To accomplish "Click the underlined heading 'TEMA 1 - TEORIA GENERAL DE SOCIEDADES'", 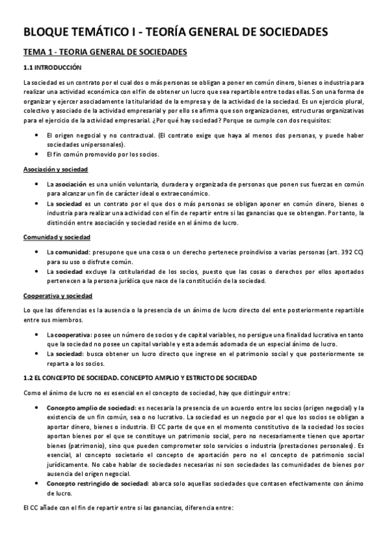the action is pyautogui.click(x=105, y=52).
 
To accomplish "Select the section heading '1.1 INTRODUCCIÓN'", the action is pyautogui.click(x=53, y=67).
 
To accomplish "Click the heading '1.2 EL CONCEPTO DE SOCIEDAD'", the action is pyautogui.click(x=140, y=377).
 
